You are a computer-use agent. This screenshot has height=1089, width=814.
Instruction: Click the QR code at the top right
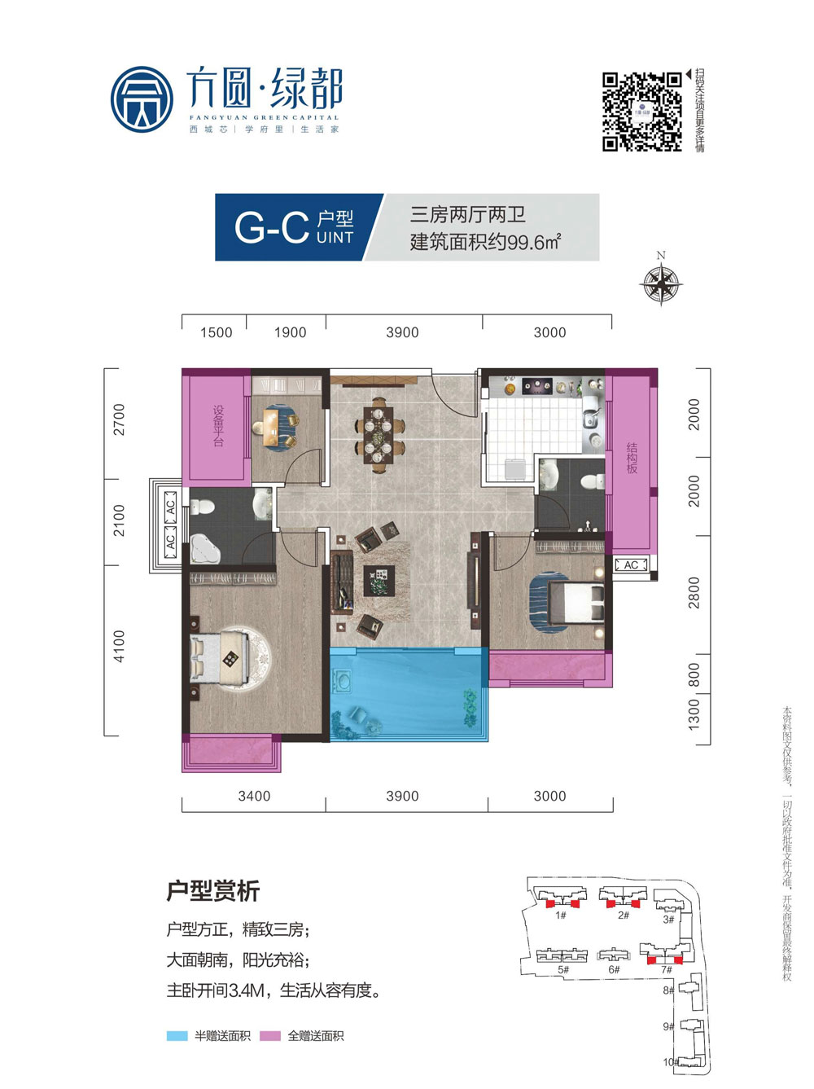(x=641, y=112)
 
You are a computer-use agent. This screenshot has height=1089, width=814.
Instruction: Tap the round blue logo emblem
(x=142, y=99)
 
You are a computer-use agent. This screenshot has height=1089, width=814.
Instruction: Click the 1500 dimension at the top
(x=216, y=332)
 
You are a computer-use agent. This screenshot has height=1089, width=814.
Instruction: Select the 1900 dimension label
(x=290, y=332)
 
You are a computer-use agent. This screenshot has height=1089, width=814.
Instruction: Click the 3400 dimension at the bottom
(x=254, y=796)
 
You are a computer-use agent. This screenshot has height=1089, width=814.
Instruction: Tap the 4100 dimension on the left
(x=120, y=646)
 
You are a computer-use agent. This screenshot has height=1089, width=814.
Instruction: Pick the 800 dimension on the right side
(x=694, y=674)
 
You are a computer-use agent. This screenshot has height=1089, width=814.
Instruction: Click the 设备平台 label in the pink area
(x=217, y=425)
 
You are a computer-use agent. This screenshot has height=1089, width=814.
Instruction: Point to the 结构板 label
(x=632, y=458)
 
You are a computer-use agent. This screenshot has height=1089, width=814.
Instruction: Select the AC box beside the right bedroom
(x=631, y=564)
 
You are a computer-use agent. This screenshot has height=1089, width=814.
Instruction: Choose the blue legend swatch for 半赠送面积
(x=177, y=1036)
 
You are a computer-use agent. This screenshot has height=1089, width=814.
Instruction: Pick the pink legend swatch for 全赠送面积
(x=270, y=1036)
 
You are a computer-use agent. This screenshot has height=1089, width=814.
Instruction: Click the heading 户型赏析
(x=212, y=891)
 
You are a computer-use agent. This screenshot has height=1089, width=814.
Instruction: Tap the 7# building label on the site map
(x=667, y=970)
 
